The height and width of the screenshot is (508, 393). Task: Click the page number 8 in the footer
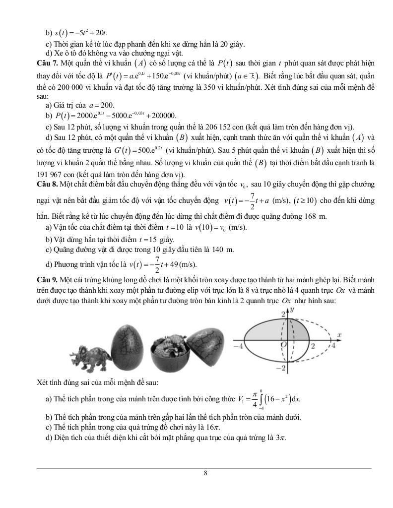205,473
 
